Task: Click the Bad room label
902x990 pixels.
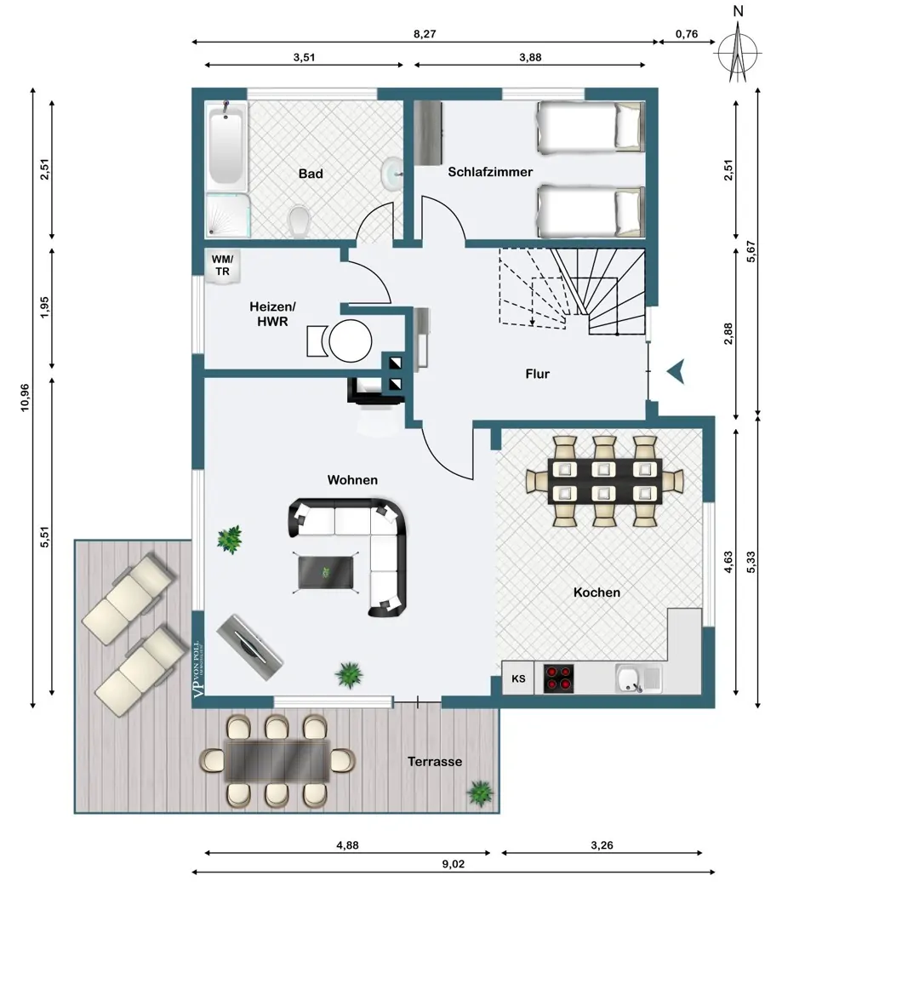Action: tap(311, 174)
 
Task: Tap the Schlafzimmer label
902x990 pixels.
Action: tap(490, 172)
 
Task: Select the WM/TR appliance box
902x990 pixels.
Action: tap(221, 266)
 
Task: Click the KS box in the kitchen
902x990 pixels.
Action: tap(518, 678)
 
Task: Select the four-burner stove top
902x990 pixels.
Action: tap(558, 678)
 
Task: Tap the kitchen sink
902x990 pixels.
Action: tap(637, 678)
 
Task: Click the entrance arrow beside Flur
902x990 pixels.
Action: tap(676, 372)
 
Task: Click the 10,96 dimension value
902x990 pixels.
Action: tap(26, 398)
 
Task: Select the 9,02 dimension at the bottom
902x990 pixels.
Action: tap(454, 864)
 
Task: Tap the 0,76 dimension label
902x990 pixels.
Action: tap(686, 34)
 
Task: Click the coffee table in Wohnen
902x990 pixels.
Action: tap(326, 573)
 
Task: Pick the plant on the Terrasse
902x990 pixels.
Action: tap(480, 793)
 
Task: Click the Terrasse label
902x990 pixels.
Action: tap(435, 762)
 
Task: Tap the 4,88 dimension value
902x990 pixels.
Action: tap(347, 844)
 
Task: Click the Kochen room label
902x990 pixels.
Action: tap(597, 592)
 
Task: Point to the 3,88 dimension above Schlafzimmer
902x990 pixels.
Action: tap(530, 57)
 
